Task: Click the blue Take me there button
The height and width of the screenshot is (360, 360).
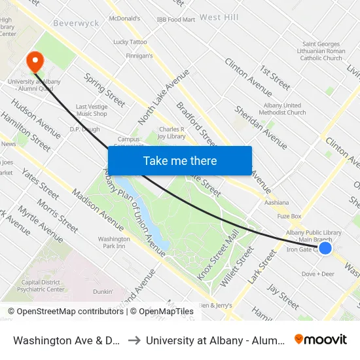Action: tap(180, 160)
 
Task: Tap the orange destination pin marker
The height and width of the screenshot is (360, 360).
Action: tap(35, 62)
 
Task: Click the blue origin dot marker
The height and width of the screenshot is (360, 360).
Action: tap(325, 247)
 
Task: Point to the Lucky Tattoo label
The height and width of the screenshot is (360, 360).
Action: tap(130, 42)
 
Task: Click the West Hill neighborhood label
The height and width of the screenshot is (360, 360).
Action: tap(219, 17)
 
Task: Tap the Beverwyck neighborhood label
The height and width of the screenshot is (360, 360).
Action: tap(75, 23)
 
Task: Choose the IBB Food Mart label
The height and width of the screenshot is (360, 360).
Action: tap(176, 20)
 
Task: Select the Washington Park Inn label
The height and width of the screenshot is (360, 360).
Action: tap(114, 243)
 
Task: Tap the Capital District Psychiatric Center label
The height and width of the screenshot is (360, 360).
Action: tap(44, 286)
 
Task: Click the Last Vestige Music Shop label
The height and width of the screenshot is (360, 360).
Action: tap(92, 110)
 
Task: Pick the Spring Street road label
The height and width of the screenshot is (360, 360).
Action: tap(105, 90)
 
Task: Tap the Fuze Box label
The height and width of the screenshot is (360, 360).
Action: tap(289, 216)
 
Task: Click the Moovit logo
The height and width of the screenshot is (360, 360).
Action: tap(321, 339)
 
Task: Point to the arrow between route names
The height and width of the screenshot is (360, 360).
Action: tap(133, 340)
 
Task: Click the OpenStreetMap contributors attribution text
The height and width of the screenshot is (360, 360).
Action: tap(67, 312)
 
